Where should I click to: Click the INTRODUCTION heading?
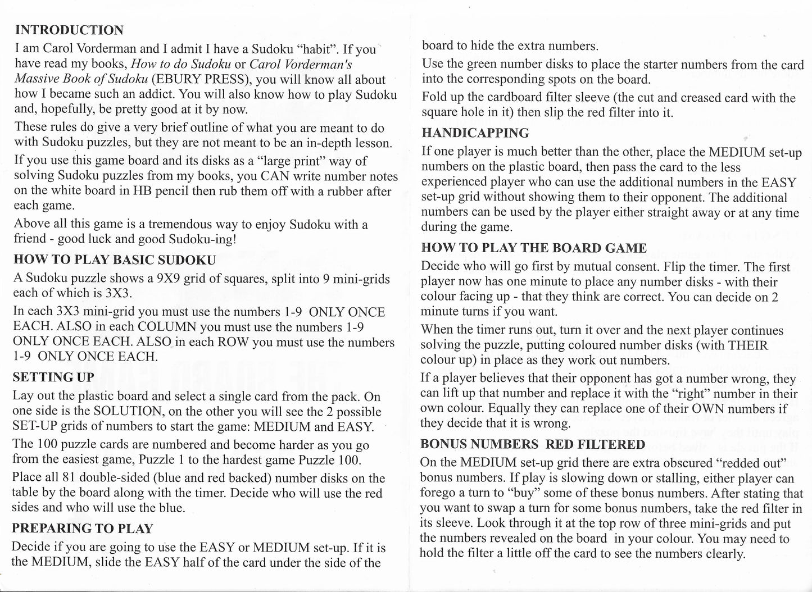pyautogui.click(x=69, y=30)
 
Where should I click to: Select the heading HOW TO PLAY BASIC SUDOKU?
pyautogui.click(x=114, y=259)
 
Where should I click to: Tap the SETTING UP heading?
pyautogui.click(x=53, y=377)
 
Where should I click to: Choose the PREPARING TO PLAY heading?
pyautogui.click(x=82, y=529)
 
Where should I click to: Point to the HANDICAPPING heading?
pyautogui.click(x=475, y=133)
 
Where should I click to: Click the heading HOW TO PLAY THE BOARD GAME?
pyautogui.click(x=533, y=248)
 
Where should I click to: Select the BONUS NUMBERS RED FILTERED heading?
pyautogui.click(x=532, y=444)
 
